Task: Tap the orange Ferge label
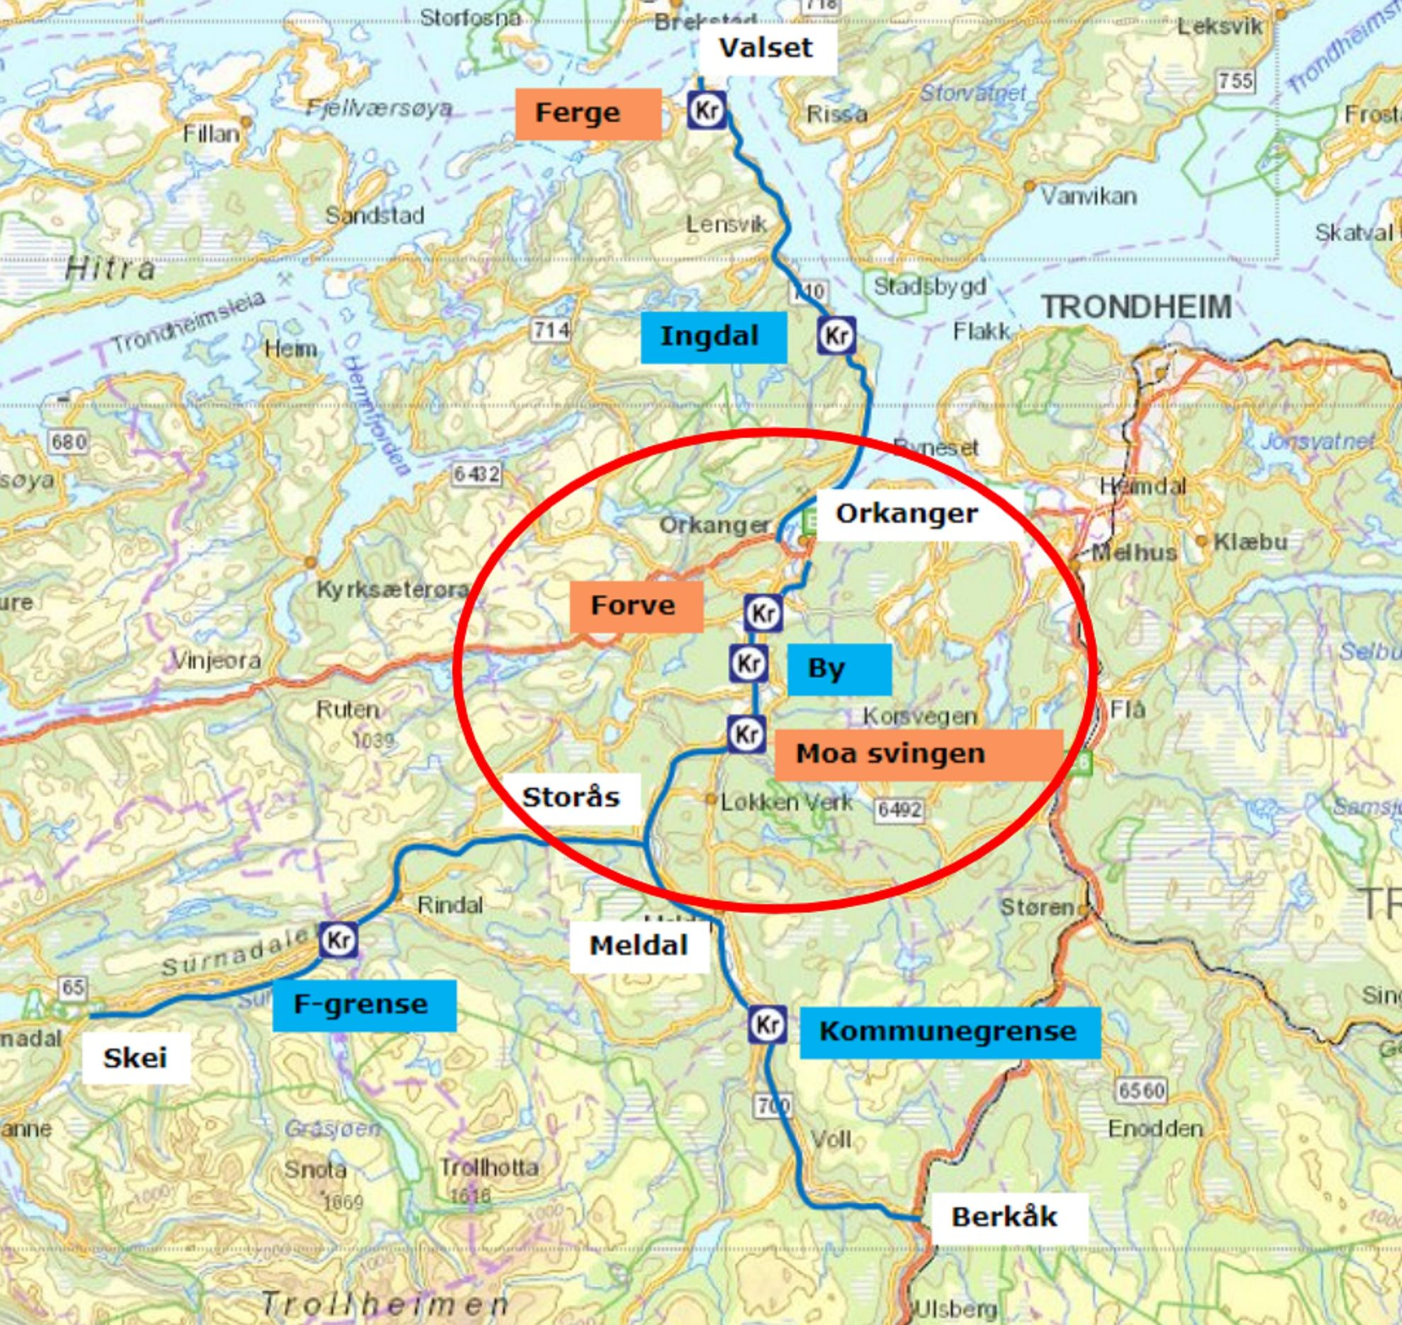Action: pyautogui.click(x=588, y=113)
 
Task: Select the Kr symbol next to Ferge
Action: pyautogui.click(x=707, y=111)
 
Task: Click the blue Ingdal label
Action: pyautogui.click(x=713, y=337)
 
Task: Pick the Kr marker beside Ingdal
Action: pyautogui.click(x=836, y=336)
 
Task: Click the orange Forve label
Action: pyautogui.click(x=636, y=607)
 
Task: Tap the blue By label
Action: pyautogui.click(x=839, y=669)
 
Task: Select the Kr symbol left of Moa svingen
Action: pyautogui.click(x=746, y=734)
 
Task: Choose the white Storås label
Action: pyautogui.click(x=571, y=799)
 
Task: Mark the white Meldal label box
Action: pyautogui.click(x=639, y=946)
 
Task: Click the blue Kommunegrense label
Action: pyautogui.click(x=949, y=1032)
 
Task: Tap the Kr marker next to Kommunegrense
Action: pyautogui.click(x=767, y=1025)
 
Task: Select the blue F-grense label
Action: pyautogui.click(x=364, y=1005)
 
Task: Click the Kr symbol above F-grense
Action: pyautogui.click(x=338, y=940)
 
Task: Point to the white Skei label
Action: pyautogui.click(x=135, y=1059)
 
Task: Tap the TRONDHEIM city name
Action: pyautogui.click(x=1136, y=308)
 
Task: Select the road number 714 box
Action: pyautogui.click(x=551, y=329)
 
